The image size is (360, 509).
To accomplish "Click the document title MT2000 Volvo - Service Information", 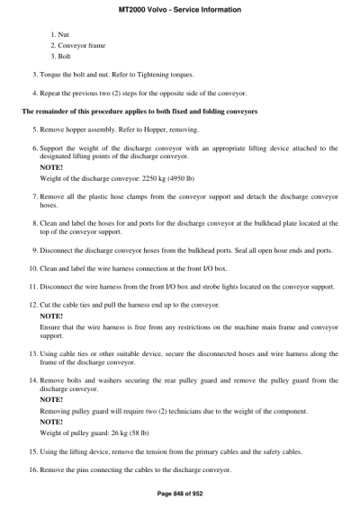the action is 180,9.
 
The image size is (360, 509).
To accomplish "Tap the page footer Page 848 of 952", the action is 180,493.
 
